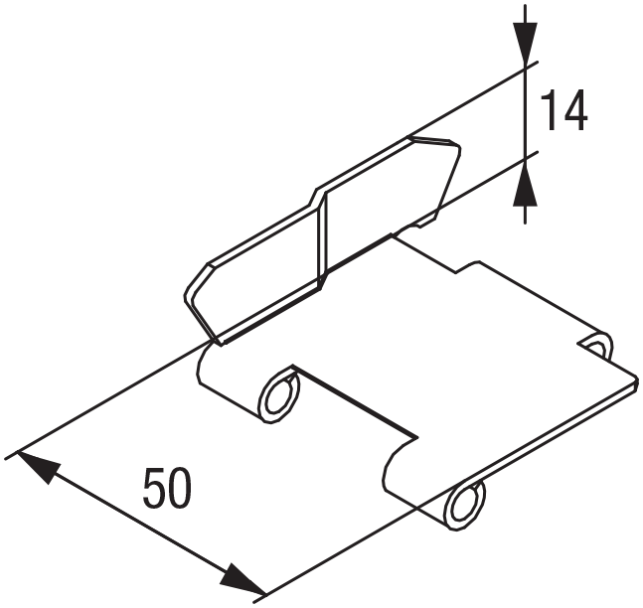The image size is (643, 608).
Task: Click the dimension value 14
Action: [563, 111]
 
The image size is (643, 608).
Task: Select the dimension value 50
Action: [167, 489]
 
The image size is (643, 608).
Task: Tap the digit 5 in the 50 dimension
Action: [153, 489]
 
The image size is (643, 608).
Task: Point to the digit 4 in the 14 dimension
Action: [574, 111]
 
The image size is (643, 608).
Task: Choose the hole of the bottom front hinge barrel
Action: [463, 504]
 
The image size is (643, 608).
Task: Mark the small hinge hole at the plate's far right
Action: [596, 346]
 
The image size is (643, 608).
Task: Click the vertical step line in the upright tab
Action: [322, 238]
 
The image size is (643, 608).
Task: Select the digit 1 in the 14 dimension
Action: [550, 111]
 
